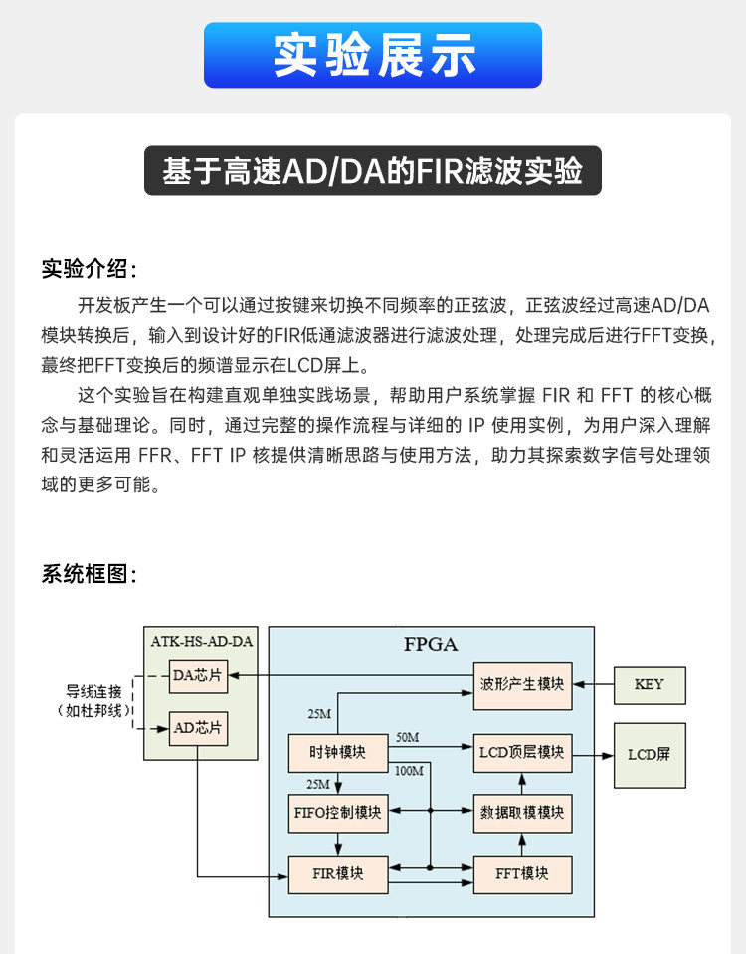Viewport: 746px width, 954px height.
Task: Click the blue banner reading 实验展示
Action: [x=373, y=55]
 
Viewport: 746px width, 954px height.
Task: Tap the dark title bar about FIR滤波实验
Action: [x=373, y=171]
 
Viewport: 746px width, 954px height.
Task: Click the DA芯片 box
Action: [x=197, y=676]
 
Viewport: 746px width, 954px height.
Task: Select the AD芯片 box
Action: [x=197, y=728]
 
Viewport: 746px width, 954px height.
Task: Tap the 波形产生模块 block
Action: [x=522, y=684]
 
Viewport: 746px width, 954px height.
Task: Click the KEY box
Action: [x=649, y=684]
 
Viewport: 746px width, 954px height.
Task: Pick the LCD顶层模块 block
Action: [x=522, y=753]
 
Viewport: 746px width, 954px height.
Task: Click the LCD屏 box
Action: [x=649, y=753]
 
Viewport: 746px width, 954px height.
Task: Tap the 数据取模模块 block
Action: [x=522, y=813]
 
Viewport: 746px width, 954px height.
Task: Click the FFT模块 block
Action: [x=522, y=873]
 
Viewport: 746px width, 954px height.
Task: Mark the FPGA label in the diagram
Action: [x=431, y=644]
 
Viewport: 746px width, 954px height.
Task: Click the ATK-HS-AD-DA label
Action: [x=201, y=642]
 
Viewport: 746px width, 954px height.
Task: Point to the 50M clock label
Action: [x=407, y=737]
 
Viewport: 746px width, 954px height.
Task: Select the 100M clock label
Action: [x=410, y=771]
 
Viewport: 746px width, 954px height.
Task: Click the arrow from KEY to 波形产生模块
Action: [x=594, y=684]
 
